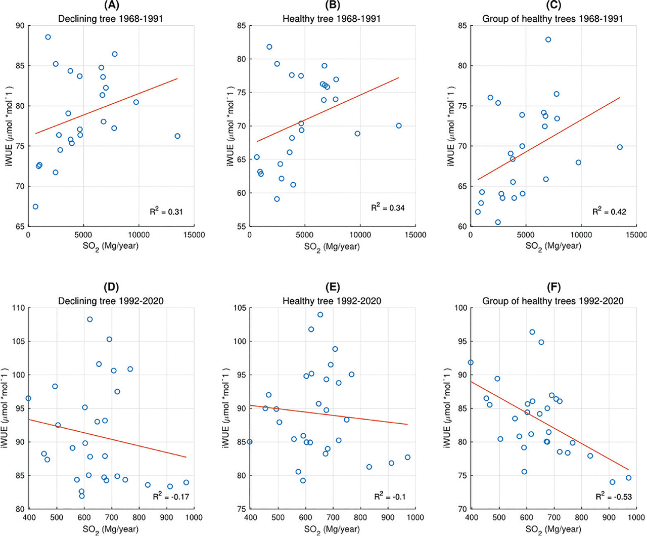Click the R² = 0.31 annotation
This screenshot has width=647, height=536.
click(166, 211)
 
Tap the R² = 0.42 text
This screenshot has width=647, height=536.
click(609, 211)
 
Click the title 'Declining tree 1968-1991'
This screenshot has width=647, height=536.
click(111, 19)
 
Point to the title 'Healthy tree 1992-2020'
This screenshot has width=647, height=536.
click(332, 301)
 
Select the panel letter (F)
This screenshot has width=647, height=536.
click(553, 287)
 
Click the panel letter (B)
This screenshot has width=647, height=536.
click(332, 5)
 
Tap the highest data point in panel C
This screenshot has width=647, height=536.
click(548, 39)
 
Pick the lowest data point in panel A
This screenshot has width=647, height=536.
click(35, 207)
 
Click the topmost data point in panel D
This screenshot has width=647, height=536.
click(90, 319)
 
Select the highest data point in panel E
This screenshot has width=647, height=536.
click(320, 315)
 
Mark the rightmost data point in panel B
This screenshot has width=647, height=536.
click(399, 126)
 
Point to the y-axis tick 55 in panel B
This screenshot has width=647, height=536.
click(241, 227)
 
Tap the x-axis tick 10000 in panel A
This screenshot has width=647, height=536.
click(139, 235)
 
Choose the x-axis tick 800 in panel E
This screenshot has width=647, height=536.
click(360, 517)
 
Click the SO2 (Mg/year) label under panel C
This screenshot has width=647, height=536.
click(553, 246)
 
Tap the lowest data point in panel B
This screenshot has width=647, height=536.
click(276, 199)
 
